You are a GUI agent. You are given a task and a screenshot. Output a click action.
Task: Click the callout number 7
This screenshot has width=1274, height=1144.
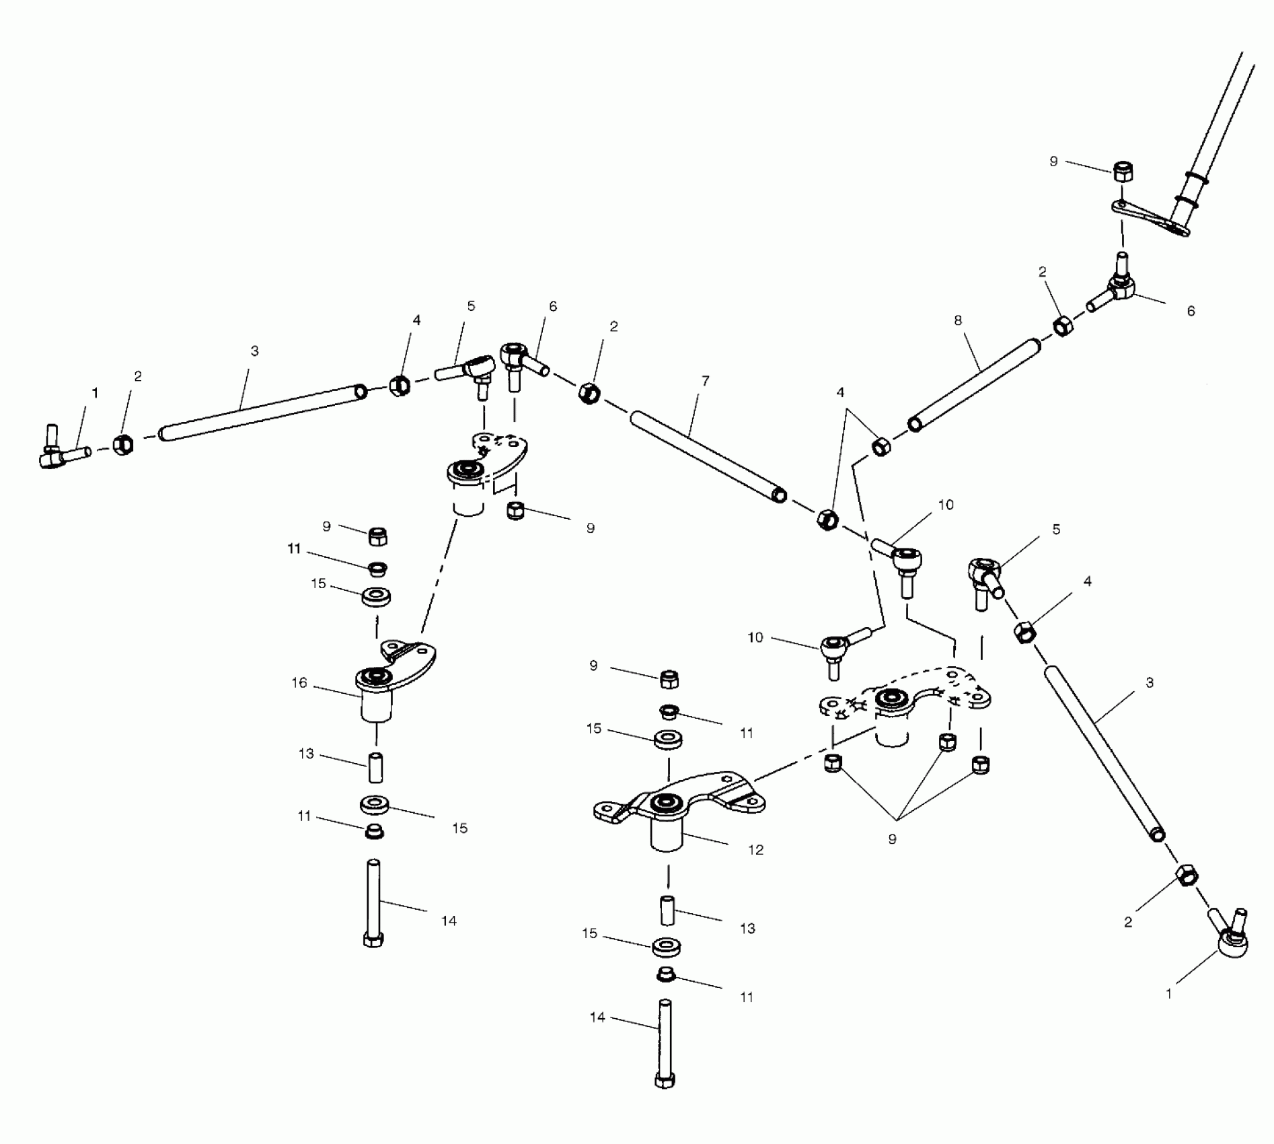coord(705,381)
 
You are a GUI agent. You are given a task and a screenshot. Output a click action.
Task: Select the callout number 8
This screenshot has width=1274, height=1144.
coord(958,321)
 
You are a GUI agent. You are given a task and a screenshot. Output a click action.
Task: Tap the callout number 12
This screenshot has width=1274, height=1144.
coord(756,850)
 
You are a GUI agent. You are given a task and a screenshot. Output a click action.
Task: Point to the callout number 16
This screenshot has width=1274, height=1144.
coord(299,683)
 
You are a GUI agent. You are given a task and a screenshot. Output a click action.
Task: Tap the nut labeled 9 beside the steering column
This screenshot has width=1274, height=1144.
coord(1123,172)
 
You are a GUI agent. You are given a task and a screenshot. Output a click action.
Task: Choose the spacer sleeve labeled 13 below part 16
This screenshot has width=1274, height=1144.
coord(375,768)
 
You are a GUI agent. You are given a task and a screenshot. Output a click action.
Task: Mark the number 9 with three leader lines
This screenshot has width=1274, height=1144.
coord(892,840)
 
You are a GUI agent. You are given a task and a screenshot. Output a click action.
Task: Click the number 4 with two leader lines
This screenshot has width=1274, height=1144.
coord(840,392)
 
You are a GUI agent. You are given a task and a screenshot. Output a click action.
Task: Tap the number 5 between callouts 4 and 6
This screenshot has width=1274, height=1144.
coord(471,306)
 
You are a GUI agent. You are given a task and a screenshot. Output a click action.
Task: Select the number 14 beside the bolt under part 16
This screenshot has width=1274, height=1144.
coord(449,921)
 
